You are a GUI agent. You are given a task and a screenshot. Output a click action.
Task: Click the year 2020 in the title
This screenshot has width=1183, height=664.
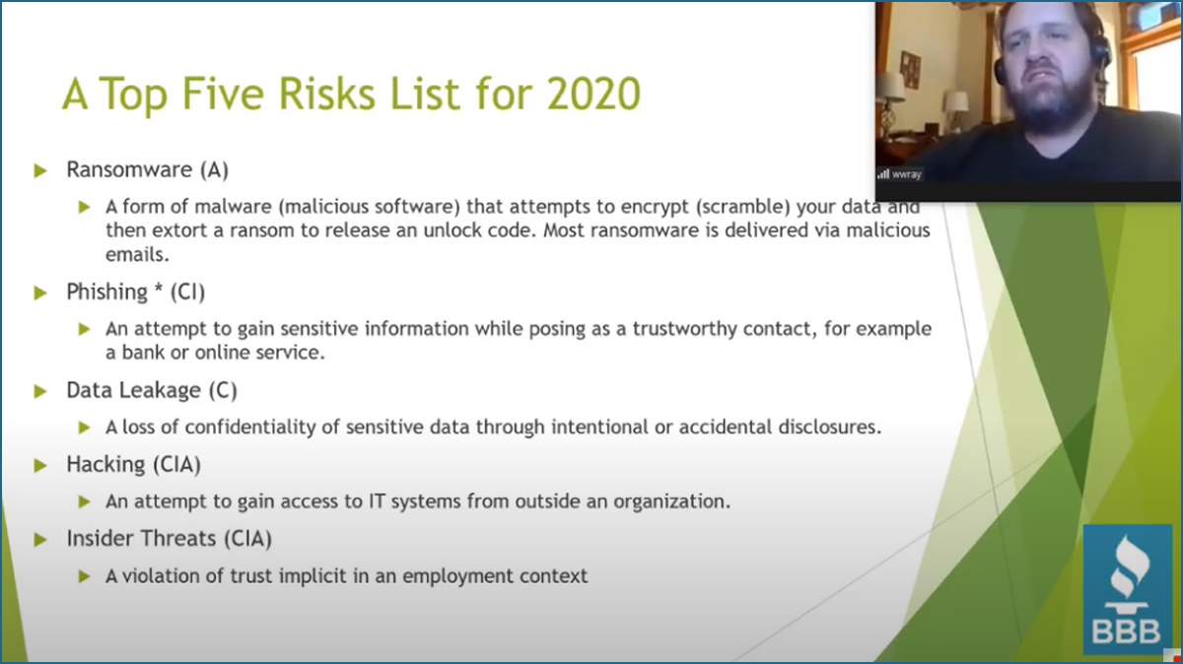pos(593,94)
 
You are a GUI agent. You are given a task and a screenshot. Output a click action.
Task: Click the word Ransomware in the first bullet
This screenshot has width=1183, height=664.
pos(129,169)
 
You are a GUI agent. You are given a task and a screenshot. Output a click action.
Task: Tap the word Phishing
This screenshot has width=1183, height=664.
pos(106,292)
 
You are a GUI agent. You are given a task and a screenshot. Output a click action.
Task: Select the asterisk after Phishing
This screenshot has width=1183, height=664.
pos(158,288)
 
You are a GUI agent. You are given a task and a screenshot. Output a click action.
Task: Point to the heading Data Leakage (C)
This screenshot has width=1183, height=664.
pos(152,390)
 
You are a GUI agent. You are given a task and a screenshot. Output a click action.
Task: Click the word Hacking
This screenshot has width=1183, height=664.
pos(105,464)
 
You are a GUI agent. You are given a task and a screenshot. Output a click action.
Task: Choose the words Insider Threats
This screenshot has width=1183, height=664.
pos(141,538)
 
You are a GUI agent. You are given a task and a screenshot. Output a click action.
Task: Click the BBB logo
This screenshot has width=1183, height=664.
pos(1127,589)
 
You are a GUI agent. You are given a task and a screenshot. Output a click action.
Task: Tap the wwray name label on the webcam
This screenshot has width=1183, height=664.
pos(906,174)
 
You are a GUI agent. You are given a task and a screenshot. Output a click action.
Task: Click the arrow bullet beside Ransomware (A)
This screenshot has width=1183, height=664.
pos(40,170)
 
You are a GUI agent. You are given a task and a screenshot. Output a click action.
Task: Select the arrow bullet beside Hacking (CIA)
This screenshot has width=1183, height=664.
pos(40,466)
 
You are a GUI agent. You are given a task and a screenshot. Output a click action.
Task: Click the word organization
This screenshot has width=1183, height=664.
pos(671,501)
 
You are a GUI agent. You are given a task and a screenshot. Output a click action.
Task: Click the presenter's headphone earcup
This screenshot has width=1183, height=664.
pos(1000,70)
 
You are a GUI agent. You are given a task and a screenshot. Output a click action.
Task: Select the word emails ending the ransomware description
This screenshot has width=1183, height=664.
pos(137,255)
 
